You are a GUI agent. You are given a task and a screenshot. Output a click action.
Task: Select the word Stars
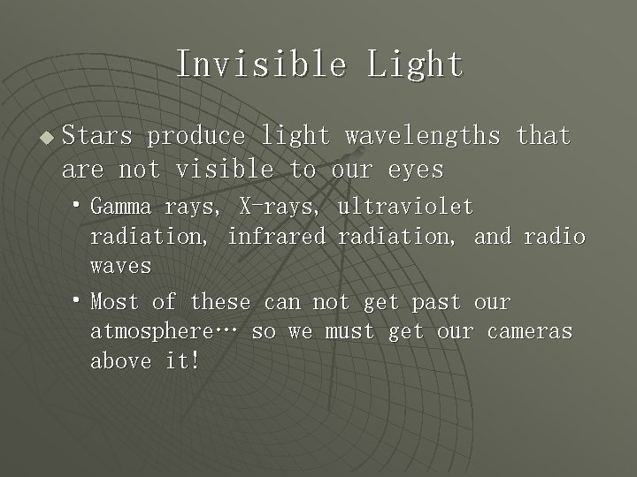click(x=97, y=136)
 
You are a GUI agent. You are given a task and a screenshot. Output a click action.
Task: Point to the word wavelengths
click(x=423, y=136)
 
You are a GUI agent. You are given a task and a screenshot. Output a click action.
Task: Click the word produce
click(x=196, y=136)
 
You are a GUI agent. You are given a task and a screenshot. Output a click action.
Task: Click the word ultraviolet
click(x=405, y=207)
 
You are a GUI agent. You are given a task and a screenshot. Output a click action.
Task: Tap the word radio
click(x=554, y=236)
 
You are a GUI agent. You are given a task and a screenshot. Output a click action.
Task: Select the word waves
click(x=120, y=265)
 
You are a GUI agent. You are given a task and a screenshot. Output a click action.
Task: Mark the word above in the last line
click(x=120, y=361)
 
